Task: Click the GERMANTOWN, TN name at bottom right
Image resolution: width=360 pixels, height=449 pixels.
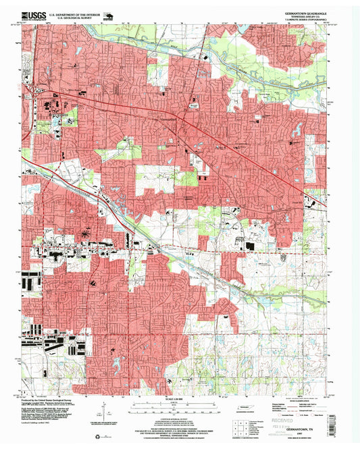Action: click(x=304, y=418)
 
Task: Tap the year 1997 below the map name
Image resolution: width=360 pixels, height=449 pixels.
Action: click(x=305, y=424)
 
